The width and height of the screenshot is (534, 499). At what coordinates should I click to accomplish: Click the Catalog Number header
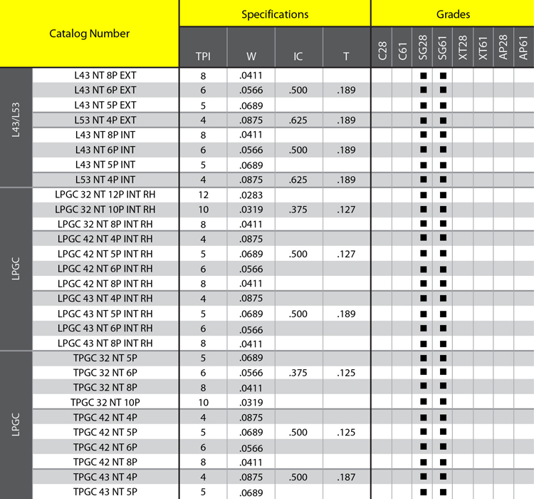90,34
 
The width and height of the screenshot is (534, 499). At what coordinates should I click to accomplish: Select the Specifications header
275,14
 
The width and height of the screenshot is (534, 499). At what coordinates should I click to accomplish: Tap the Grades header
452,14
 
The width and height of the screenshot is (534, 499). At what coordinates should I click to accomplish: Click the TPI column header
203,56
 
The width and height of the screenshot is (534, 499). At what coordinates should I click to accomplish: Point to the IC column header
298,56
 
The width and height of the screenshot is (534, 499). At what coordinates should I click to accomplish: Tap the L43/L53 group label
16,128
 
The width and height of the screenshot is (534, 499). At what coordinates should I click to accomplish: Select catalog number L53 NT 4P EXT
105,120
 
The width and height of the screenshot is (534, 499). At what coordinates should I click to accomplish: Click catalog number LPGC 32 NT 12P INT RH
105,194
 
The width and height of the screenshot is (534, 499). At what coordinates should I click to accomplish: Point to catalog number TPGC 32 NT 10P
105,402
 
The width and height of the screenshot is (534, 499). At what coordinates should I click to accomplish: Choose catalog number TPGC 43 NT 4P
105,476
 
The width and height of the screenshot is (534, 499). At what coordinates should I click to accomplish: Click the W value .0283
251,194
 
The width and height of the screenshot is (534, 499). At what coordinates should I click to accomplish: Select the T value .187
346,476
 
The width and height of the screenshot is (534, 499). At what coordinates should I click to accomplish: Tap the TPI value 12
203,194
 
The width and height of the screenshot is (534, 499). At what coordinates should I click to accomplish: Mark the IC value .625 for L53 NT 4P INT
298,179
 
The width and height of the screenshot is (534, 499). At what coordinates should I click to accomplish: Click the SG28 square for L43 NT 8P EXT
423,76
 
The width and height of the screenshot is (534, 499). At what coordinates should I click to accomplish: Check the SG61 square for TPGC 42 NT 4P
443,417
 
